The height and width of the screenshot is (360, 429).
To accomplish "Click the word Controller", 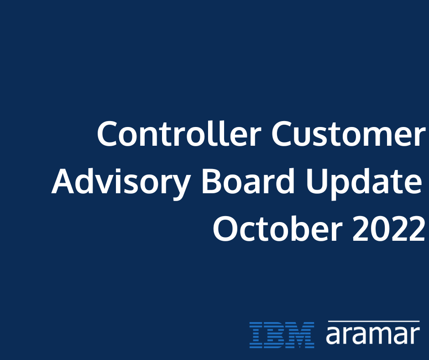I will [179, 134].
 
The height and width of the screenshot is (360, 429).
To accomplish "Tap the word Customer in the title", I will [348, 134].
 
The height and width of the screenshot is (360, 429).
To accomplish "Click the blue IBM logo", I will [282, 335].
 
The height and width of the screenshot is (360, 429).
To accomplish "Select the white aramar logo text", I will [372, 335].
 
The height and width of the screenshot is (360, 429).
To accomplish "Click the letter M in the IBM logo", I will [302, 335].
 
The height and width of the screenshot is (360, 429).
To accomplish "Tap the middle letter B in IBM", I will [277, 335].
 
